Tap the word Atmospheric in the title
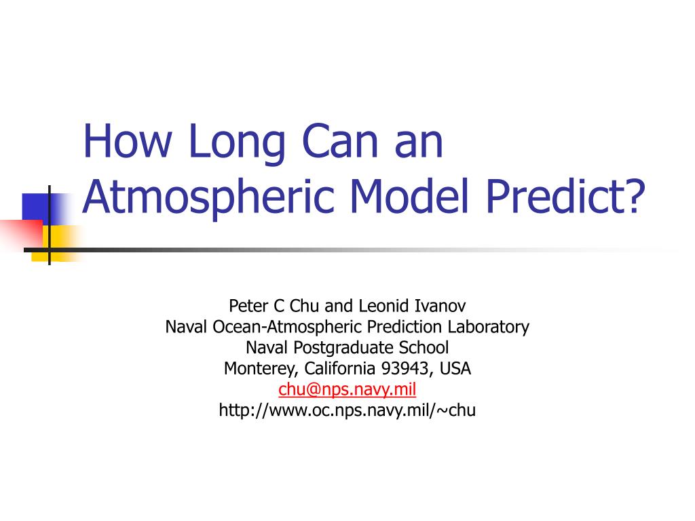pos(208,197)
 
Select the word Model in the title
pos(409,195)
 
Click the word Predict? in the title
pos(565,195)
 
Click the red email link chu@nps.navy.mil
pos(347,389)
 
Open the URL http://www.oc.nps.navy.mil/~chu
pos(347,410)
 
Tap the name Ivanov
pos(440,306)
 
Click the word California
pos(340,368)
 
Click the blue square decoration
pos(37,206)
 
